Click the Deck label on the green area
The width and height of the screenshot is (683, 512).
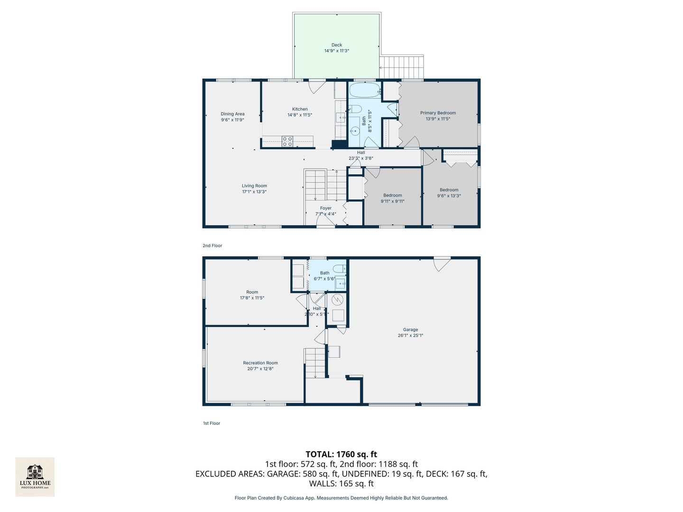click(x=337, y=45)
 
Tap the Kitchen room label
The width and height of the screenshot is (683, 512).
click(x=300, y=109)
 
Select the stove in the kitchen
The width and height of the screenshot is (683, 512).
click(x=287, y=141)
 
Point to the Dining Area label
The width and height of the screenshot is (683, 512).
click(x=232, y=114)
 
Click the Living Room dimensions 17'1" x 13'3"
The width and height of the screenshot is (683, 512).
click(x=254, y=192)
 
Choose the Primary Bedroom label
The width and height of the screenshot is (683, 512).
click(x=438, y=113)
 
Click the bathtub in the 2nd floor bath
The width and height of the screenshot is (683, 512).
click(x=365, y=90)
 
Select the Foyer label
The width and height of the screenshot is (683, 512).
click(x=326, y=208)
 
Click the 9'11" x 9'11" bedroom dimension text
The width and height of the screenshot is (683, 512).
click(x=393, y=201)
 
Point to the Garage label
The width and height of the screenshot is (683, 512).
click(x=411, y=329)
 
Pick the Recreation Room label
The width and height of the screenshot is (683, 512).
click(x=260, y=363)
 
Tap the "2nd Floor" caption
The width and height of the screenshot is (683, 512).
click(x=212, y=246)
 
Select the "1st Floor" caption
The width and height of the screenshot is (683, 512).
click(x=212, y=423)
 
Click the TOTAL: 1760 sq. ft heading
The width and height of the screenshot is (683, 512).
click(x=341, y=454)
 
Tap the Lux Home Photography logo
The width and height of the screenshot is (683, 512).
click(x=35, y=476)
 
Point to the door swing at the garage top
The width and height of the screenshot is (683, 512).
click(x=442, y=264)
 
